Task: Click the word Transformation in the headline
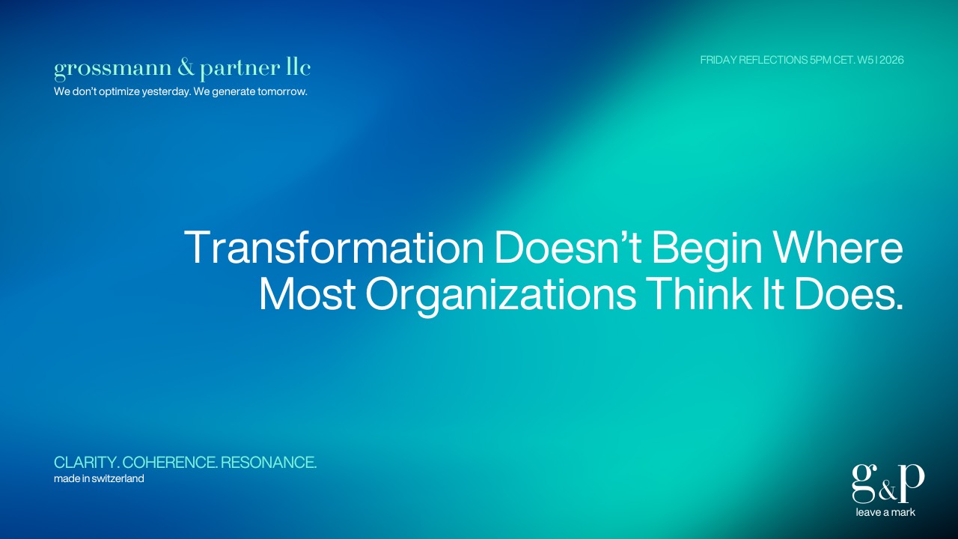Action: click(334, 248)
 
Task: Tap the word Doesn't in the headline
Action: click(567, 248)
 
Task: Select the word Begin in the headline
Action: click(707, 251)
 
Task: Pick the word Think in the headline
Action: click(699, 293)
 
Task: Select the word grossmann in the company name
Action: click(112, 70)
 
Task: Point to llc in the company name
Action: click(298, 67)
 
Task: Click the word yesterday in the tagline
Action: click(165, 92)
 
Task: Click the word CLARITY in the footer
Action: click(86, 463)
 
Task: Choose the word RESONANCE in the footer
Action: click(269, 463)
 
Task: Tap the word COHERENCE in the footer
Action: click(170, 463)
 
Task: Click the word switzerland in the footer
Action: click(118, 478)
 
